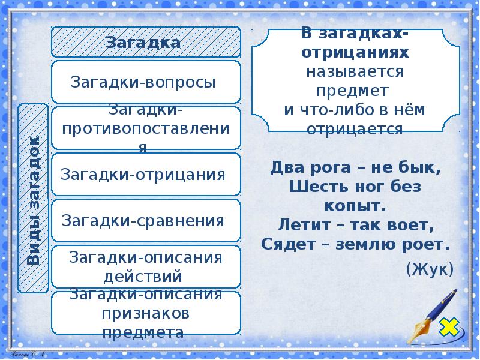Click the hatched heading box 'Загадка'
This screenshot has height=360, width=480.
pyautogui.click(x=146, y=42)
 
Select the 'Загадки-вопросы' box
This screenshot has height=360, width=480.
pyautogui.click(x=146, y=82)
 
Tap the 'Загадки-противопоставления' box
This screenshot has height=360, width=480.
pyautogui.click(x=146, y=128)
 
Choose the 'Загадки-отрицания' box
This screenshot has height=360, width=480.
pyautogui.click(x=146, y=175)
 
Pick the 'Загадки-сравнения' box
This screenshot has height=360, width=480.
pyautogui.click(x=146, y=220)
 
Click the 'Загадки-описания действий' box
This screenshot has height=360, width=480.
pyautogui.click(x=146, y=266)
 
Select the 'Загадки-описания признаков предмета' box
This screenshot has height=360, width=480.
pyautogui.click(x=146, y=313)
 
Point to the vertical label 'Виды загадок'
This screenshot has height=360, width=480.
pyautogui.click(x=34, y=199)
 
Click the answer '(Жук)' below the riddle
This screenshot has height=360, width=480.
pyautogui.click(x=430, y=269)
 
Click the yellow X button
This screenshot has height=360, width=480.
pyautogui.click(x=448, y=327)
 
